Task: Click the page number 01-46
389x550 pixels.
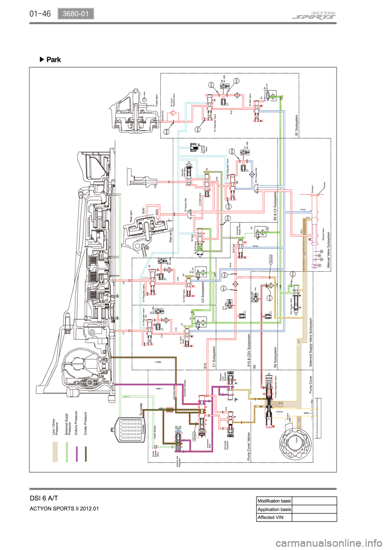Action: coord(40,14)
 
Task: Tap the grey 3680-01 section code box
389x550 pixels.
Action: coord(75,14)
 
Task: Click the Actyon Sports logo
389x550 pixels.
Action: coord(314,16)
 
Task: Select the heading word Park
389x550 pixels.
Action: coord(53,60)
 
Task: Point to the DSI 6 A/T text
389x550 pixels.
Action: coord(44,498)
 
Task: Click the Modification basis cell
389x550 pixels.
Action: coord(274,501)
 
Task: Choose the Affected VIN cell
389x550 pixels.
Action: coord(271,517)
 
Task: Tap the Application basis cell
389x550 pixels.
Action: coord(274,509)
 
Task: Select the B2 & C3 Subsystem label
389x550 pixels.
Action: coord(276,207)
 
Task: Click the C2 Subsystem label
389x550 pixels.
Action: coord(203,292)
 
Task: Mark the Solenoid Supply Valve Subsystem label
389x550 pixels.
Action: coord(311,342)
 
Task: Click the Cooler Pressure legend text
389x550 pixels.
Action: coord(85,423)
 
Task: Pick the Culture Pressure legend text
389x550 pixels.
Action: coord(76,423)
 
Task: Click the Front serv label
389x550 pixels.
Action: coord(157,100)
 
